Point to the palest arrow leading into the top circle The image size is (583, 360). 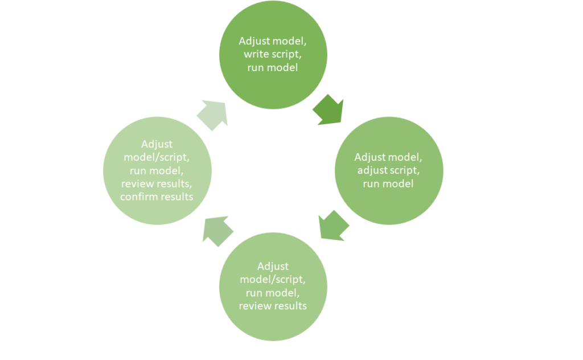tap(212, 114)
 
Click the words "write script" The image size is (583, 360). tap(273, 54)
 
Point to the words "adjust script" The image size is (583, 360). tap(389, 170)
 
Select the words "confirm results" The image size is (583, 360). tap(157, 197)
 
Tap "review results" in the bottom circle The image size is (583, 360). tap(273, 306)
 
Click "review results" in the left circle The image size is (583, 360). tap(157, 183)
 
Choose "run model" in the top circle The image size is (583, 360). tap(273, 68)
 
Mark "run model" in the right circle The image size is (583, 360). tap(389, 183)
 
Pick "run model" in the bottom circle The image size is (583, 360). tap(273, 293)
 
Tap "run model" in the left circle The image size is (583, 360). tap(157, 170)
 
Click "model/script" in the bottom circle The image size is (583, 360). tap(273, 280)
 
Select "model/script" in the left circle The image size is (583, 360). tap(157, 157)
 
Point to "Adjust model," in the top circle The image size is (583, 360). tap(273, 41)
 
